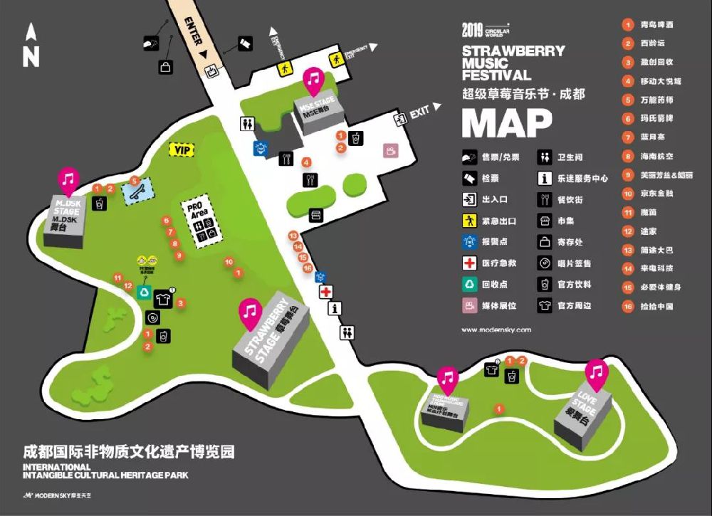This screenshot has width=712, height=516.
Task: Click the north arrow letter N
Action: [31, 56]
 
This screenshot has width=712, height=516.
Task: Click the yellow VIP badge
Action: [182, 150]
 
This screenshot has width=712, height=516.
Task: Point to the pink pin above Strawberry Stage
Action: [250, 311]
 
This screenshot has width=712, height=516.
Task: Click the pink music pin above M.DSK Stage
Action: [68, 179]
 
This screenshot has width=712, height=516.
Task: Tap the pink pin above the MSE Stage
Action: [313, 79]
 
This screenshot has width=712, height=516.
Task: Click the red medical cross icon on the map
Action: [327, 292]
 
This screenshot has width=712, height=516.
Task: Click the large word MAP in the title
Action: [506, 123]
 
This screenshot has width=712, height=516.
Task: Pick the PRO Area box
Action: [201, 218]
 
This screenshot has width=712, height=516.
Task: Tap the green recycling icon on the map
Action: [145, 292]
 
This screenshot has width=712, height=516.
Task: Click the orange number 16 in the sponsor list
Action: [628, 307]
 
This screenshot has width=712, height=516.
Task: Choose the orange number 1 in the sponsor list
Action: [628, 24]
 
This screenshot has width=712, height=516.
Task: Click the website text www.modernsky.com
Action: [496, 330]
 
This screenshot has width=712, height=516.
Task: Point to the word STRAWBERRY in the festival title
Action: [513, 51]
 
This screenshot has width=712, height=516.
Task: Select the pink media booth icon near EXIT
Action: [390, 150]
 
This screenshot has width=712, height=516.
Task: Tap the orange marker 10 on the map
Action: [229, 262]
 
